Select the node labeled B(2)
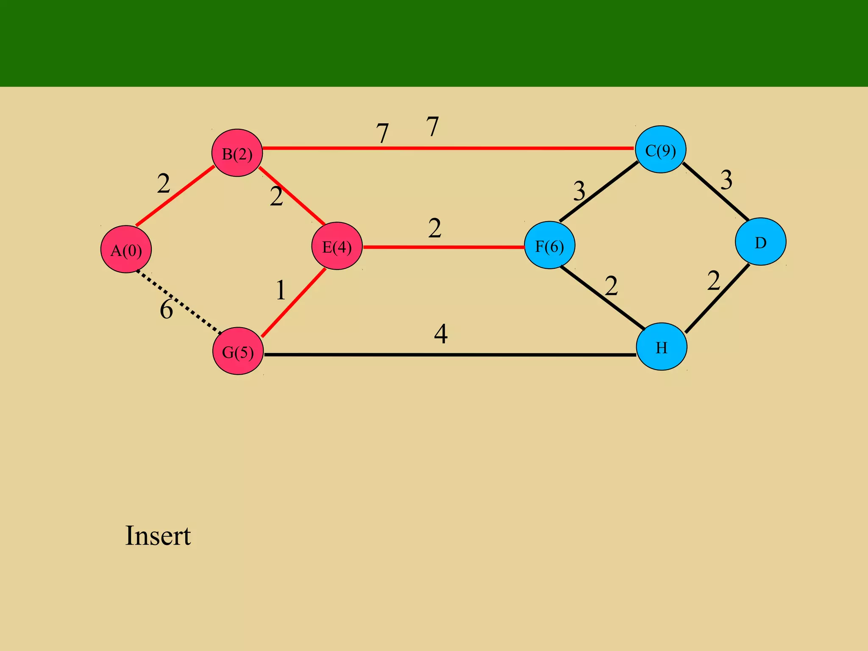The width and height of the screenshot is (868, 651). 237,153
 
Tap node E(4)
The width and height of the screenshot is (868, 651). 337,246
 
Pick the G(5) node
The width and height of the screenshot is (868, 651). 238,351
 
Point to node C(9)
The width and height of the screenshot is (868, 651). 660,149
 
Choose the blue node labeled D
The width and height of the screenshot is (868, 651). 760,242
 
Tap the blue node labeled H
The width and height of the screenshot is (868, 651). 661,347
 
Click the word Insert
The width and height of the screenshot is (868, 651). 158,536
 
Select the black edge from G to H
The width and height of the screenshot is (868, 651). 449,355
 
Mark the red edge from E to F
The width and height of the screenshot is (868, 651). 443,247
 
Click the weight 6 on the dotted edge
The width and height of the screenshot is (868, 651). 166,309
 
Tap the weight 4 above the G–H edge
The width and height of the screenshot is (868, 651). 441,334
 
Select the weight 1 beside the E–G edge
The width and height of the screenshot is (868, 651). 281,291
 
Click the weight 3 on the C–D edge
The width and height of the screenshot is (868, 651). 726,180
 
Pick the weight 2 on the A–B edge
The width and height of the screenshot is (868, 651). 164,184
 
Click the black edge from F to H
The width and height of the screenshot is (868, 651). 603,297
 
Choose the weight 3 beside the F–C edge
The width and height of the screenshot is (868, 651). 579,191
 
